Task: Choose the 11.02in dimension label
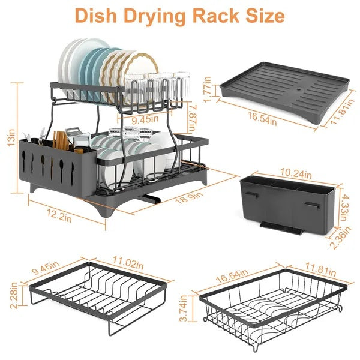[128, 262]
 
